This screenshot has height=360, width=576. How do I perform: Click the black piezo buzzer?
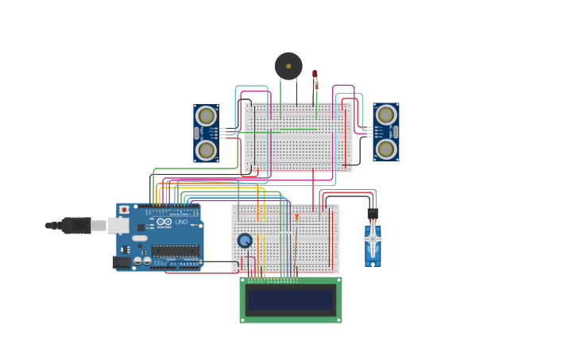[x=288, y=66]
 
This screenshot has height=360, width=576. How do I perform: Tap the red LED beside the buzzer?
[x=315, y=74]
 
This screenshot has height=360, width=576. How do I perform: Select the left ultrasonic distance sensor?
[x=207, y=134]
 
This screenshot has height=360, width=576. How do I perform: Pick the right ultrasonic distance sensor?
[x=386, y=132]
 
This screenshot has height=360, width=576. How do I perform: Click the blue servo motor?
[x=373, y=245]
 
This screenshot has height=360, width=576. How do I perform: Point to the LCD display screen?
[x=291, y=299]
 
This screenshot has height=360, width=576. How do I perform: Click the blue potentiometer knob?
[x=245, y=240]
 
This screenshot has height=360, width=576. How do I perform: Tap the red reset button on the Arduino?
[x=124, y=210]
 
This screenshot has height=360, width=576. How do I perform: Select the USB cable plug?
[x=76, y=225]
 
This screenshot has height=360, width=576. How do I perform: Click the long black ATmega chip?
[x=175, y=251]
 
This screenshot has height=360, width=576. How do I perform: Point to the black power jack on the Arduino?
[x=121, y=261]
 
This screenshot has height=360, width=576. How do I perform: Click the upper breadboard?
[x=299, y=137]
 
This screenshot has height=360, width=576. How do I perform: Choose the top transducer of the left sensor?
[x=207, y=116]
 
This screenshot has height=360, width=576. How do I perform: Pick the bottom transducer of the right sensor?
[x=386, y=149]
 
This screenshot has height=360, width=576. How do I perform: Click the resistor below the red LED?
[x=315, y=84]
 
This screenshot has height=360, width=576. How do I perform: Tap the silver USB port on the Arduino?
[x=118, y=225]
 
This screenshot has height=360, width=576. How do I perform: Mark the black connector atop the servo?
[x=373, y=213]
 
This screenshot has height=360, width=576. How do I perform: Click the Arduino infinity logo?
[x=164, y=222]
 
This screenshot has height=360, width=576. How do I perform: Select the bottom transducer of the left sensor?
[x=207, y=149]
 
